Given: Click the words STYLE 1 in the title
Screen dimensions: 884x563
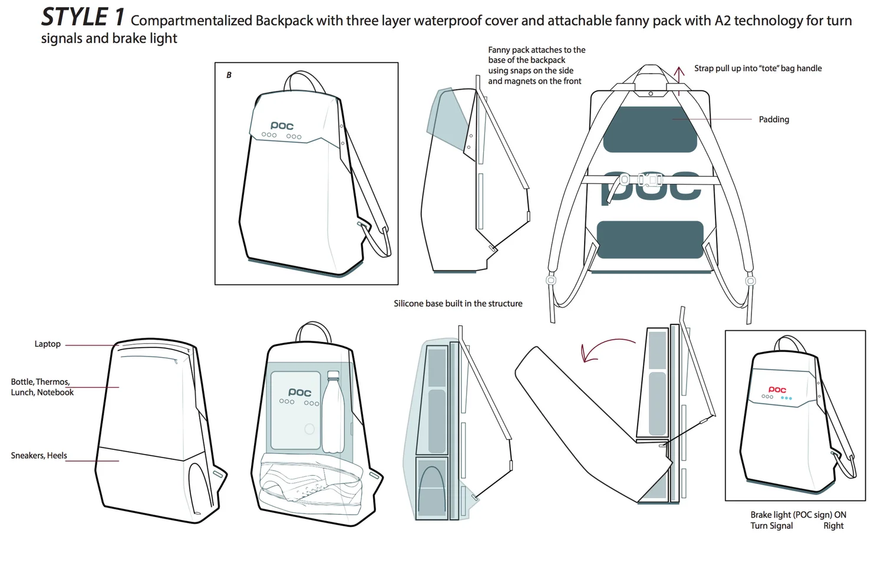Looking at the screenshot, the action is click(x=83, y=17).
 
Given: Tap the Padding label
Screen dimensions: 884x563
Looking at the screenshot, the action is click(x=773, y=120).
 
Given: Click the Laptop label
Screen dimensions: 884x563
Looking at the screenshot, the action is click(x=47, y=344).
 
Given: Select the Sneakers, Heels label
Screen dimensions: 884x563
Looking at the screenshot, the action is click(x=39, y=456).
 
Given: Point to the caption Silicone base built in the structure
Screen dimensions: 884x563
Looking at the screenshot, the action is click(x=458, y=304).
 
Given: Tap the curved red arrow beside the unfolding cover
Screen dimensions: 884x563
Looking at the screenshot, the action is click(x=604, y=348).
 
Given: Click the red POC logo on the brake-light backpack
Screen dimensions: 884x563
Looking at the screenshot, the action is click(x=777, y=390).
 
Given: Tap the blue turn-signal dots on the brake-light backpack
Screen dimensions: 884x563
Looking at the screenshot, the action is click(x=786, y=398).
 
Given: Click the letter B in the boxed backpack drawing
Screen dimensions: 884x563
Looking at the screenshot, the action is click(x=229, y=75).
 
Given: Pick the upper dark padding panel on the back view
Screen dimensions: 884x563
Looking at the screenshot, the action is click(x=649, y=130).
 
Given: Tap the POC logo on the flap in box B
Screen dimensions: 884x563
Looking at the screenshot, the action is click(x=282, y=126).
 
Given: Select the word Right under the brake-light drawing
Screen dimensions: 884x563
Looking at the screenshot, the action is click(x=833, y=526).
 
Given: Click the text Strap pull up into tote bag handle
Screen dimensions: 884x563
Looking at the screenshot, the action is click(x=758, y=68).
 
